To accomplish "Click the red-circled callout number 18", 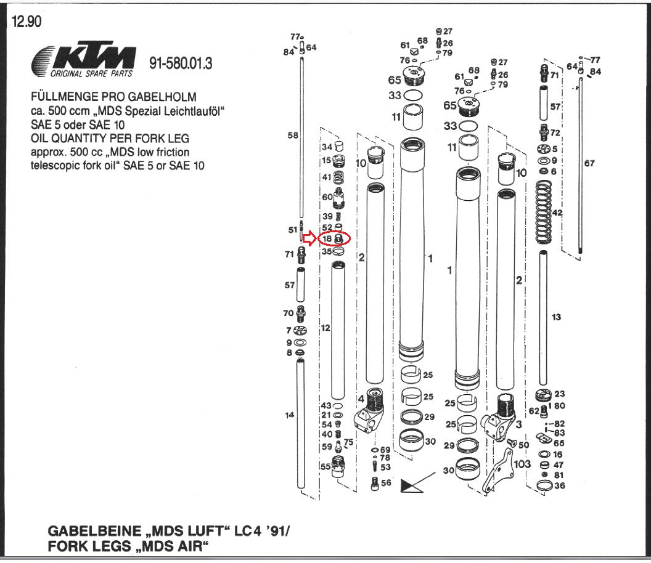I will coord(327,238).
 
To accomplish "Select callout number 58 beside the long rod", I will coord(292,135).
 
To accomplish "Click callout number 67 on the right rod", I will coord(589,163).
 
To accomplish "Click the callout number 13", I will coord(557,317).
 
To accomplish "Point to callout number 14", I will coord(290,415).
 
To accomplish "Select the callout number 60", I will coord(327,197).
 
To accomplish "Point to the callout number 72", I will coord(555,133).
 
